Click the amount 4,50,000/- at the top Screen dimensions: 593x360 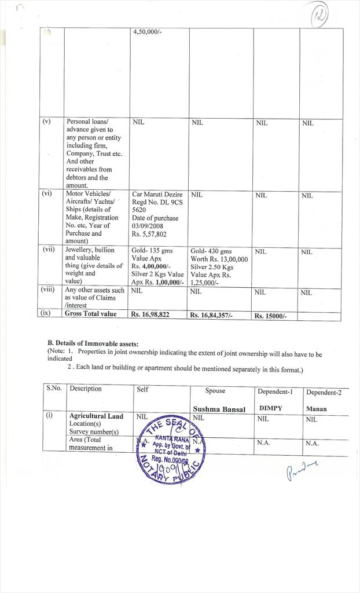tap(148, 32)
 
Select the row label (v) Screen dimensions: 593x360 tap(47, 122)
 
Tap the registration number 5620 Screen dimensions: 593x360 tap(140, 210)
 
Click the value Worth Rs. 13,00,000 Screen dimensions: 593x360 tap(219, 259)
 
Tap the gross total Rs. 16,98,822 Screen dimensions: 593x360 tap(150, 314)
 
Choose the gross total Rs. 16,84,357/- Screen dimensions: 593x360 tap(212, 316)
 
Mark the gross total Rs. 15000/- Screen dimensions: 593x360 tap(271, 316)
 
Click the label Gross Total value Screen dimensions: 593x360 tap(90, 314)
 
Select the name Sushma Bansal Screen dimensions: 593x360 tap(219, 409)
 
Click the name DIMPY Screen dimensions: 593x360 tap(270, 408)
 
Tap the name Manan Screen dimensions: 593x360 tap(316, 409)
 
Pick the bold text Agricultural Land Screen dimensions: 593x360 tap(96, 416)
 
